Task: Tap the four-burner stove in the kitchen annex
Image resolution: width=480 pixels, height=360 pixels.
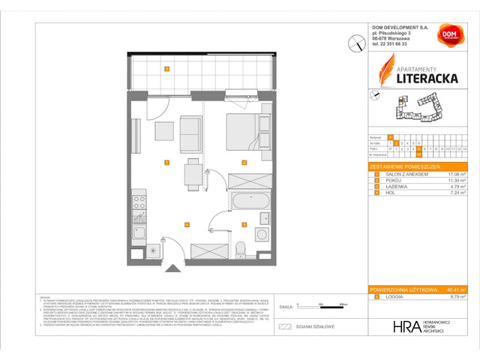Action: [139, 201]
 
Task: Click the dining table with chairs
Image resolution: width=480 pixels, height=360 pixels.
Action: [193, 173]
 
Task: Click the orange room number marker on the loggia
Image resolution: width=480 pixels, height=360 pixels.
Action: [166, 69]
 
